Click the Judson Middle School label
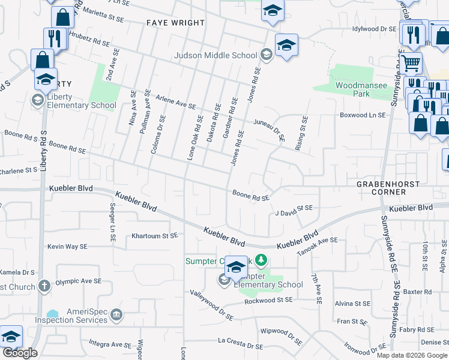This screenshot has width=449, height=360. tap(215, 56)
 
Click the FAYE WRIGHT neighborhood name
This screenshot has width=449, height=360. tap(175, 23)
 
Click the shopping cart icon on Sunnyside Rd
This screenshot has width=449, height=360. tap(411, 62)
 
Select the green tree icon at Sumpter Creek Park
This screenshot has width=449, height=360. tap(261, 260)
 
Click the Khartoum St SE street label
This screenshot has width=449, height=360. tap(155, 236)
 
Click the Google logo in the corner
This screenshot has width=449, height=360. tap(20, 353)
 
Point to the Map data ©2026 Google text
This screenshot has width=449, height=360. tap(412, 355)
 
